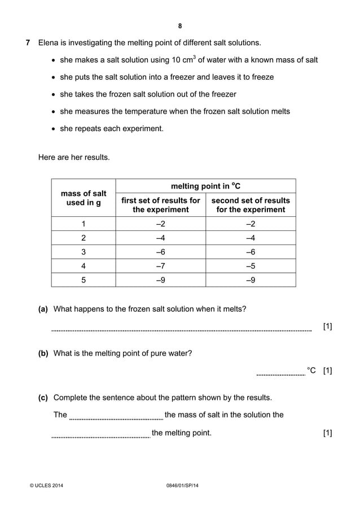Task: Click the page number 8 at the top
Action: click(x=180, y=26)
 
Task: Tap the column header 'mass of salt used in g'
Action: click(x=84, y=198)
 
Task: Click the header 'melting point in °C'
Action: click(x=205, y=186)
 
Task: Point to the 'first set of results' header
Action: click(x=160, y=205)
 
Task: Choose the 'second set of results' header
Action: click(x=250, y=205)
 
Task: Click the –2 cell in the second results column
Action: click(x=250, y=223)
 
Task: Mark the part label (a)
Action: click(x=43, y=309)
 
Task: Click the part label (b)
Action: click(x=43, y=354)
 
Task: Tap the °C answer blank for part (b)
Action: click(x=280, y=373)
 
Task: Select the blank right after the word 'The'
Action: click(x=116, y=418)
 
